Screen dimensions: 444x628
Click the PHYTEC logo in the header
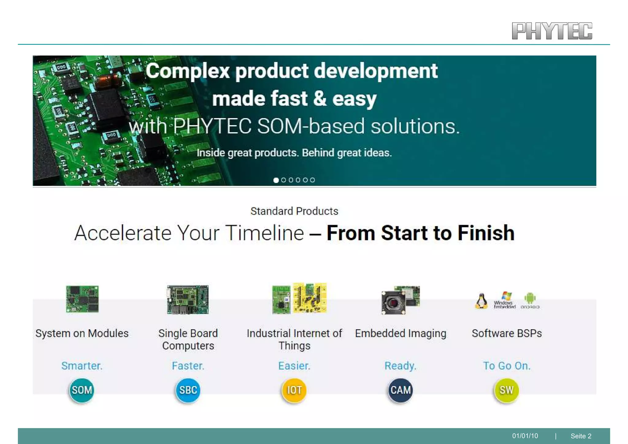coord(552,31)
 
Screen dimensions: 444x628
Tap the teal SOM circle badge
coord(82,390)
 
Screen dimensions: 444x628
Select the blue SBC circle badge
coord(188,390)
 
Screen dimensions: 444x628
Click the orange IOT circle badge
coord(294,390)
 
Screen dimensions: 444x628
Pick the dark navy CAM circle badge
coord(400,390)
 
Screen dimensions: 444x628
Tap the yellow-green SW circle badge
coord(506,390)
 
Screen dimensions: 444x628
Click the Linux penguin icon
coord(481,301)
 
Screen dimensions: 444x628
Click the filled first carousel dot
coord(276,180)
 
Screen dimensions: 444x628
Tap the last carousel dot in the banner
coord(312,180)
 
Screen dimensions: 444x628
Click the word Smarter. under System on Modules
coord(82,366)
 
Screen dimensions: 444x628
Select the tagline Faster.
coord(188,366)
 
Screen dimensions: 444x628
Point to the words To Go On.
coord(507,366)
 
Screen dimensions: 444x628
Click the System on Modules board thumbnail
coord(82,299)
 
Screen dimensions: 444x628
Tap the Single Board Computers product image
coord(188,300)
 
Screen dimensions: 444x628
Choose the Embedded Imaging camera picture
coord(400,300)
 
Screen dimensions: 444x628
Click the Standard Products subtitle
coord(294,211)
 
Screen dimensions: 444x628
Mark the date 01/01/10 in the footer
coord(525,436)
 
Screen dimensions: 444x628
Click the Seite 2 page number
coord(581,436)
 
